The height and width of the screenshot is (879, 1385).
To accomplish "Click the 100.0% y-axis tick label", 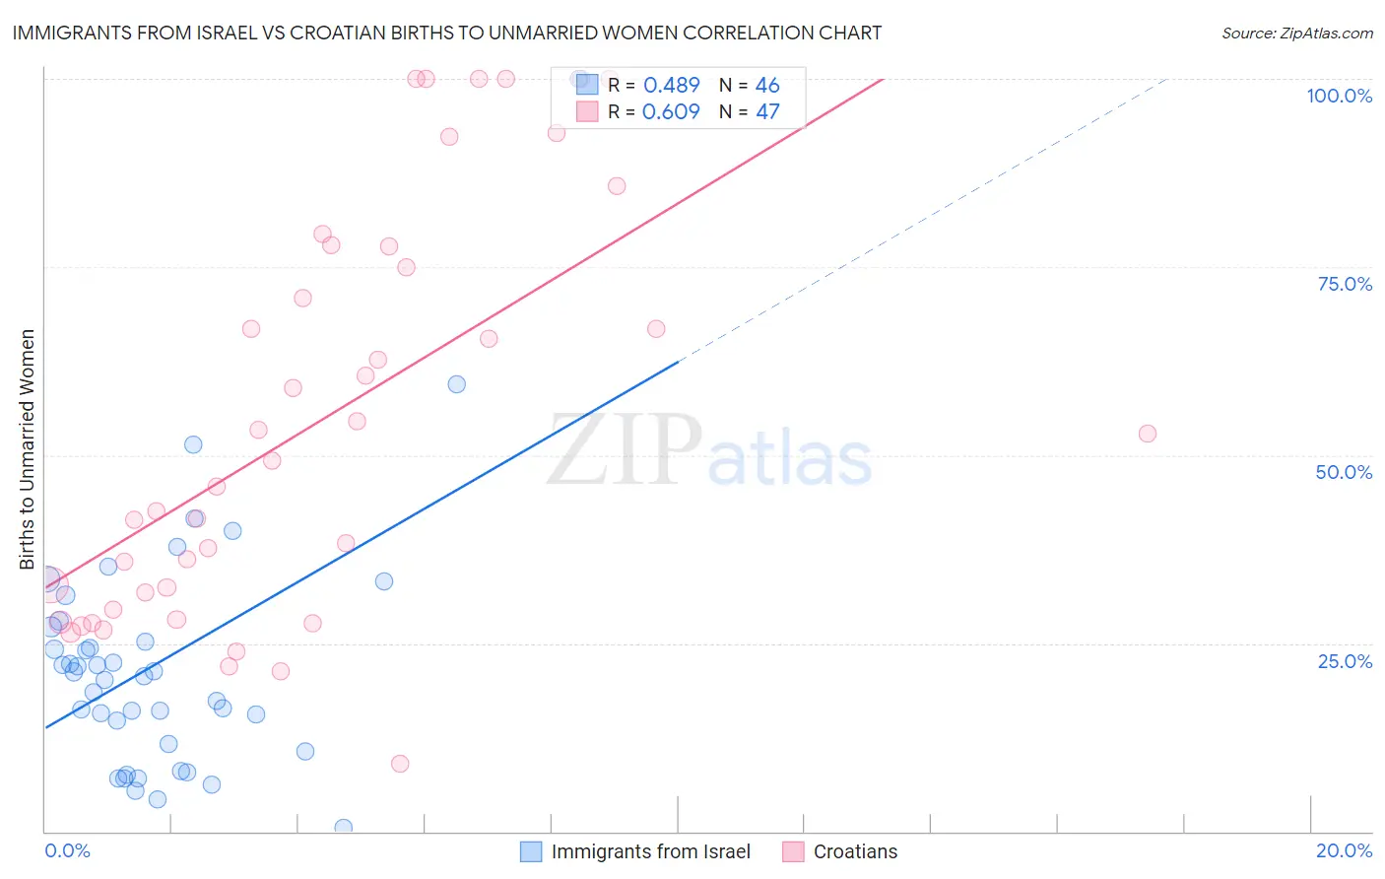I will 1339,96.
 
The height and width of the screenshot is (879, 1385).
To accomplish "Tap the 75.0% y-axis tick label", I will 1345,284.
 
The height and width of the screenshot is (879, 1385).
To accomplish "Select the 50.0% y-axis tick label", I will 1344,472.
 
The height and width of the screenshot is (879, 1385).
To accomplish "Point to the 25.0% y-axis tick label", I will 1345,661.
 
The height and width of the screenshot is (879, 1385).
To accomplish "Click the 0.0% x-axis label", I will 67,850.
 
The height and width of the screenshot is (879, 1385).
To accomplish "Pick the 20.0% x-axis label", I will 1344,850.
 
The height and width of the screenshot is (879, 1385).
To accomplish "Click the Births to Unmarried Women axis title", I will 28,449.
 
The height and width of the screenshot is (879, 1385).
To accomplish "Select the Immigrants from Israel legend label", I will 650,851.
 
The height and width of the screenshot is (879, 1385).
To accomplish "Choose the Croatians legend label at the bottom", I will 855,851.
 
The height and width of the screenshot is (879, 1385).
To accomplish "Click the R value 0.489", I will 671,86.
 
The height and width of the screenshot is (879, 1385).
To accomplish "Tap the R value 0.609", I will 671,112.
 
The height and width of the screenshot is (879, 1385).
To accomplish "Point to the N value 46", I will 767,86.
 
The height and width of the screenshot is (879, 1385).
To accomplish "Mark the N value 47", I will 767,112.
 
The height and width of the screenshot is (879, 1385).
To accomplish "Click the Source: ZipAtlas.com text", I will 1296,34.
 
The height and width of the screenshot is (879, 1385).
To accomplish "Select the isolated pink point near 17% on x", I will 1147,434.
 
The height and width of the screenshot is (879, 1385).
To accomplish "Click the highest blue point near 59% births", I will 456,384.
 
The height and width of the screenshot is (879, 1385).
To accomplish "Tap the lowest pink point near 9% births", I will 400,764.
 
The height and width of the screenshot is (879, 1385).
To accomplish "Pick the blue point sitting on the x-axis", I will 343,828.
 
